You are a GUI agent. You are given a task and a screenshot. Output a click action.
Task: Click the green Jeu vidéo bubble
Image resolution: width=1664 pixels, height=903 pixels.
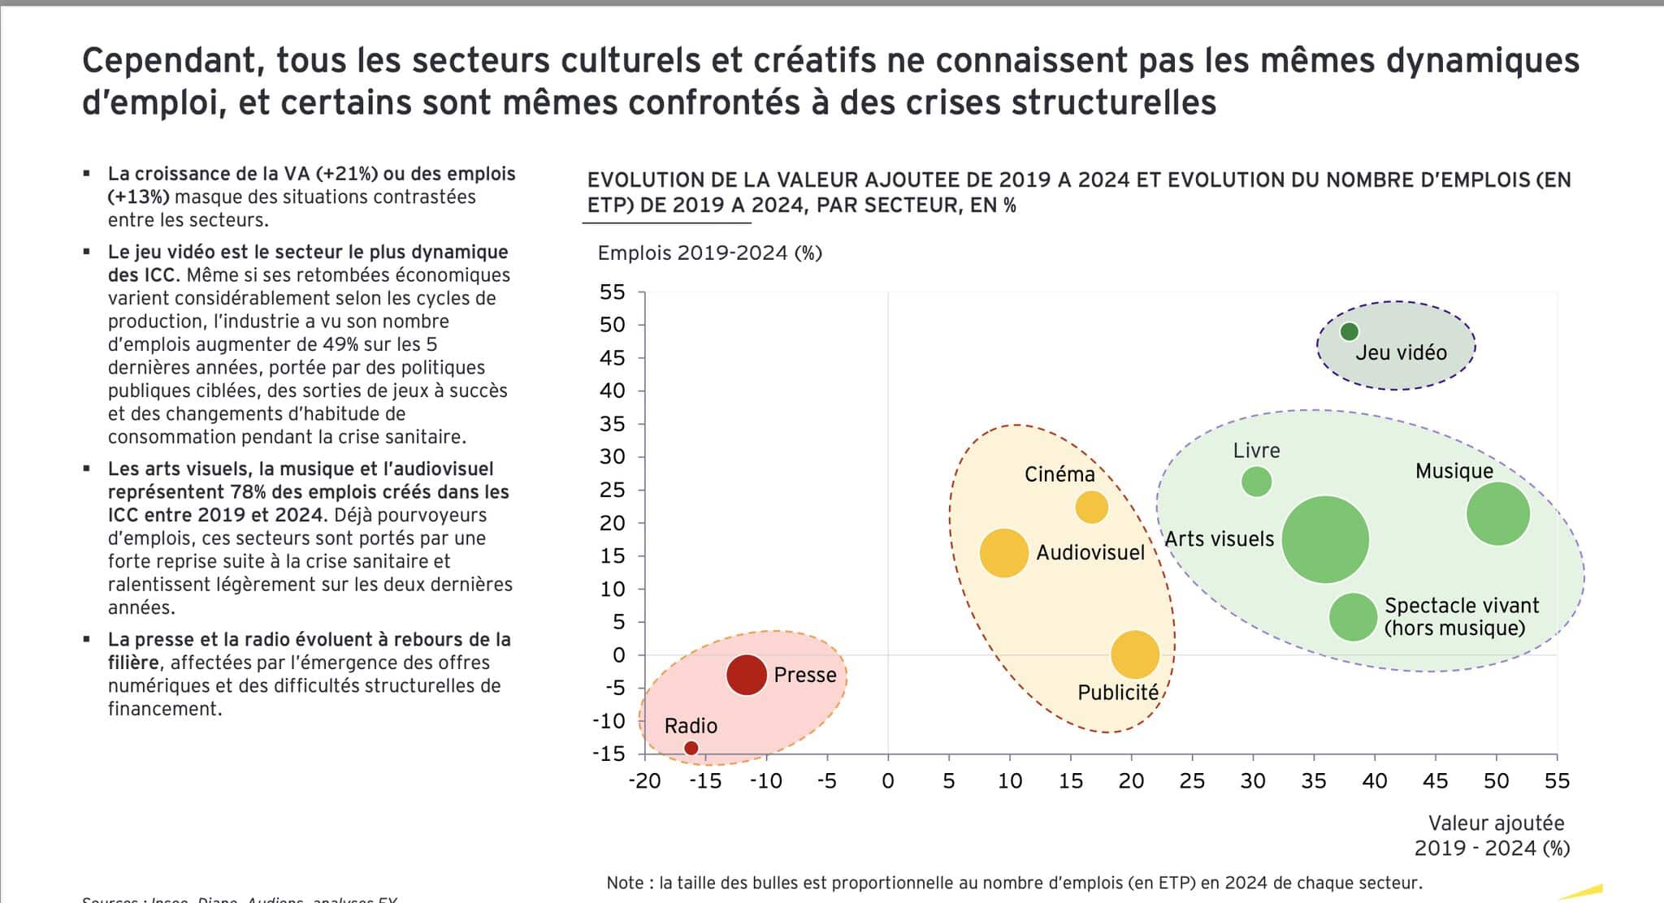[1349, 331]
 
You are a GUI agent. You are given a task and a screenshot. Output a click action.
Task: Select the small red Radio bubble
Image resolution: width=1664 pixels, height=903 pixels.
[691, 748]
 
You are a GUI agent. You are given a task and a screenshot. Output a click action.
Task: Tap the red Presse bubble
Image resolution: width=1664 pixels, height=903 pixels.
[746, 674]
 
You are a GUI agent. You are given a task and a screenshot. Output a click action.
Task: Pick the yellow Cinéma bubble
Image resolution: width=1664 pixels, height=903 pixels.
[1091, 508]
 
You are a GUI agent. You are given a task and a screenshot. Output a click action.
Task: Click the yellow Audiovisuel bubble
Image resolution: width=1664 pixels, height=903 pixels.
[1004, 553]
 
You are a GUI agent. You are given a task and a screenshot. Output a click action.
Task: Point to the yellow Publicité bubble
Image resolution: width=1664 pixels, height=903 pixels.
[1134, 654]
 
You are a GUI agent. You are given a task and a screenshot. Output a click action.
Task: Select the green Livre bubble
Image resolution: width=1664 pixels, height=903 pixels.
[1256, 482]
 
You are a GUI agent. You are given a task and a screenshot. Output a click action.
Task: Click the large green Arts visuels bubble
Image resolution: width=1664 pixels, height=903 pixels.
[1325, 540]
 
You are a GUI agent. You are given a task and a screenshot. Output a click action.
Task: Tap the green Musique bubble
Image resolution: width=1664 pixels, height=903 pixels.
[1497, 513]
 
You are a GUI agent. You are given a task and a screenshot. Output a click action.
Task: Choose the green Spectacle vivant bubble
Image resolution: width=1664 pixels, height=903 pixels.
[1352, 617]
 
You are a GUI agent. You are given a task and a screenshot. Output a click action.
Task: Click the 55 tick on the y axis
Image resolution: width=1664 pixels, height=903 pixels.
[613, 292]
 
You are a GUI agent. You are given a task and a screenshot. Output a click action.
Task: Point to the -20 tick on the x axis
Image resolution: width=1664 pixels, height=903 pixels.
[644, 781]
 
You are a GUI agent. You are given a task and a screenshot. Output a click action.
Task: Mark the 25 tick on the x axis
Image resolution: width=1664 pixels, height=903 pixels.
[1192, 781]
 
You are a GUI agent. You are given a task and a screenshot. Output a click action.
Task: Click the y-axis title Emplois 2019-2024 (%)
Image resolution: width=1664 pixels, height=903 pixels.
[709, 253]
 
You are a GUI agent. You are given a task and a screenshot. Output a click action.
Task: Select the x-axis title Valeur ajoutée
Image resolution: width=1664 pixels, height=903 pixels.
[1496, 823]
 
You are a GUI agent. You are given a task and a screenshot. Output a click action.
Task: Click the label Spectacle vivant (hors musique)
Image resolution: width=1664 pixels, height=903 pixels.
[1461, 617]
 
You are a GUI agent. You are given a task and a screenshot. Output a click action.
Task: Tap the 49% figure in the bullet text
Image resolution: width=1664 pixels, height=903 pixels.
[340, 344]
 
